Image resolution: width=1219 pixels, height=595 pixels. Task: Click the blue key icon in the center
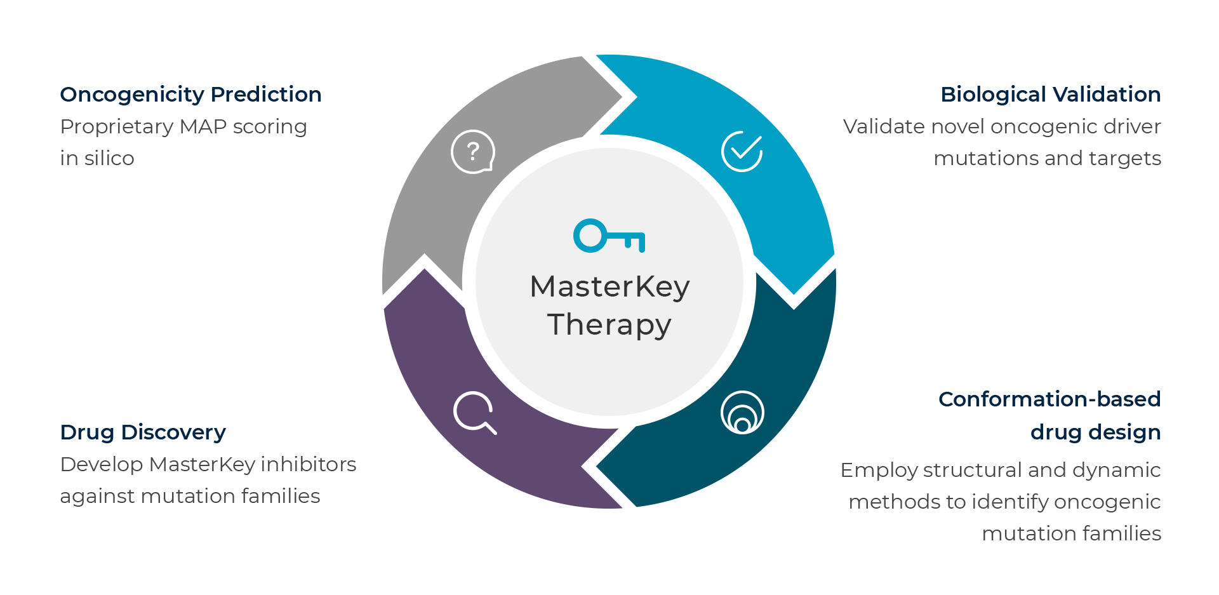[x=608, y=236]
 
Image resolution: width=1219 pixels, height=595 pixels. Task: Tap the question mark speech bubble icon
[x=472, y=152]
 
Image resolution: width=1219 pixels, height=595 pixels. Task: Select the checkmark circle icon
[x=742, y=151]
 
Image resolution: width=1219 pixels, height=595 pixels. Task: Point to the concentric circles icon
[x=742, y=412]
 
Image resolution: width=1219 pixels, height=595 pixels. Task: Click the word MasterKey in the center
[x=609, y=286]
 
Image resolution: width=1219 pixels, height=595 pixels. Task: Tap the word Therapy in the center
[x=609, y=324]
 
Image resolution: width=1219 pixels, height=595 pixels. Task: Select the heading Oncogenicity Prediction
[x=190, y=95]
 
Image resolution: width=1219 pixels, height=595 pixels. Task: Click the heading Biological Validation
[x=1050, y=95]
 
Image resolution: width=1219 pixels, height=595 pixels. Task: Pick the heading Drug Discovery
[x=143, y=432]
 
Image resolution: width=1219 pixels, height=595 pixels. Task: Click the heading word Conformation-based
[x=1049, y=399]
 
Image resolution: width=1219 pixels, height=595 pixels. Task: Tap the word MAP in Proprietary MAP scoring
[x=203, y=127]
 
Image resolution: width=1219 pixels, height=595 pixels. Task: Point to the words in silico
[x=97, y=158]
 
